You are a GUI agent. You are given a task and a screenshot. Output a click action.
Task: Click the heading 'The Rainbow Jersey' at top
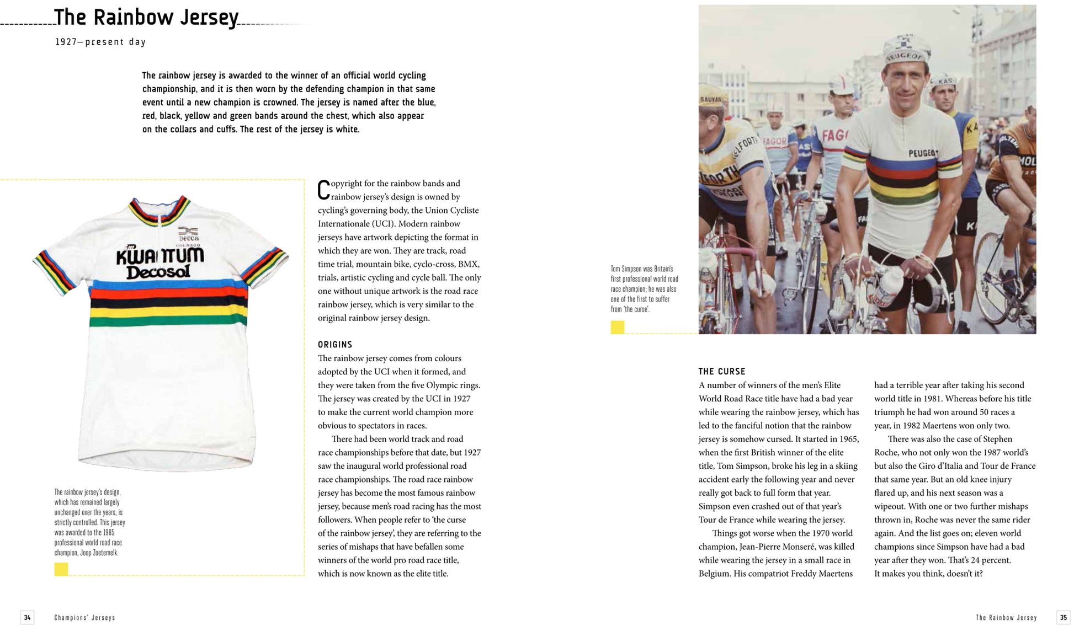tap(146, 18)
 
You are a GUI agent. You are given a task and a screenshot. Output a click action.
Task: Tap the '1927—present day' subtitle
tap(100, 42)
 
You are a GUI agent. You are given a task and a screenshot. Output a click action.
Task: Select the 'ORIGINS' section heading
tap(334, 345)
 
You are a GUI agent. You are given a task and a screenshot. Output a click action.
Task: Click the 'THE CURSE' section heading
tap(721, 372)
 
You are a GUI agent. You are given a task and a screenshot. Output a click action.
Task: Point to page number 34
tap(27, 618)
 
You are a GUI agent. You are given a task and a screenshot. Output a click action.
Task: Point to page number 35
tap(1063, 618)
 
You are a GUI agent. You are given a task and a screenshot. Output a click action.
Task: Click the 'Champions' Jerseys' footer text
tap(84, 618)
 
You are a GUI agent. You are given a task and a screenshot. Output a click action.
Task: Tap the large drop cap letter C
tap(323, 190)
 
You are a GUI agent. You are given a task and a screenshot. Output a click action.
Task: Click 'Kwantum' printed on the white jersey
tap(159, 255)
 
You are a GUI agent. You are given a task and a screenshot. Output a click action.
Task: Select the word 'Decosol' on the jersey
tap(158, 272)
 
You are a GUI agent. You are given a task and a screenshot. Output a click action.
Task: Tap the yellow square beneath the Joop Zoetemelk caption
tap(61, 570)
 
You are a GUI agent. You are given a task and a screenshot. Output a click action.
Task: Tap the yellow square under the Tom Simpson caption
tap(617, 328)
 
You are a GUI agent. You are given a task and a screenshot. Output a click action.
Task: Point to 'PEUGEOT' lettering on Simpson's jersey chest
tap(923, 153)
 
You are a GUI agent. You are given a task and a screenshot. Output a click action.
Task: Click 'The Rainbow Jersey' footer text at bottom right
tap(1006, 618)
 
